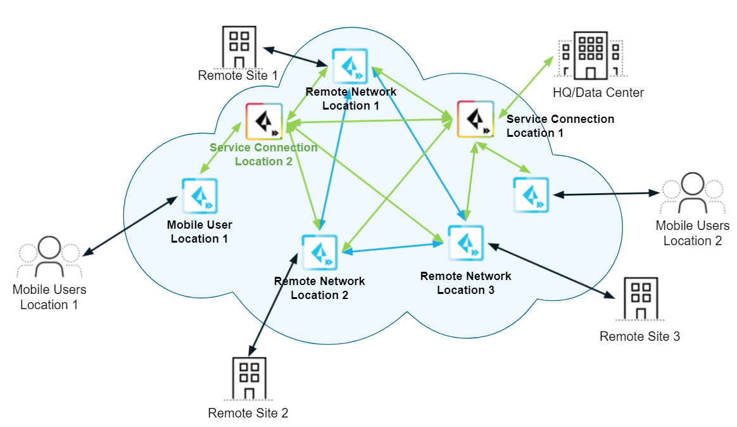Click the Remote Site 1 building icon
(x=239, y=47)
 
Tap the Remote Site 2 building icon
(x=249, y=379)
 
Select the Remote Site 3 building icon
(x=640, y=298)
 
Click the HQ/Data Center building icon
(x=590, y=56)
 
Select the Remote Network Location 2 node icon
(x=319, y=252)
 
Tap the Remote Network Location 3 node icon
(x=465, y=243)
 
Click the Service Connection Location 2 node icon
(x=264, y=122)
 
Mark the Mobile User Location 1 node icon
(x=199, y=196)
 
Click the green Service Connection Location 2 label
(x=263, y=155)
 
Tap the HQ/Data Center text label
(x=598, y=93)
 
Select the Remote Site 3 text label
(x=639, y=336)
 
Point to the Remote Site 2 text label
(x=248, y=414)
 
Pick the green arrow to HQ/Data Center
(x=526, y=86)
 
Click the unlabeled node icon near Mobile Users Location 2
(x=531, y=194)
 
